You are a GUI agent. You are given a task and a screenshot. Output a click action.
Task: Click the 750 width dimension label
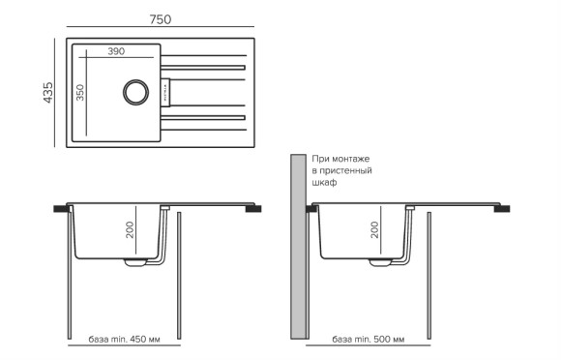pos(162,19)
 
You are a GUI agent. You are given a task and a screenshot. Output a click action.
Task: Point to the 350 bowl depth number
pos(81,93)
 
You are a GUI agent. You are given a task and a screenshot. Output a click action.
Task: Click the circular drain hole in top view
pos(133,93)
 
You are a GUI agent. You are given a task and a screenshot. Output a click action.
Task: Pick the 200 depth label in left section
pos(130,229)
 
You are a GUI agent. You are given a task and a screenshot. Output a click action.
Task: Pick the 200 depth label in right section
pos(374,229)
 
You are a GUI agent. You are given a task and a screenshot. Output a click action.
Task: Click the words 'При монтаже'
pos(340,158)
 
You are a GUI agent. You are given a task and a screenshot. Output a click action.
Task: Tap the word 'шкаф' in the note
pos(324,182)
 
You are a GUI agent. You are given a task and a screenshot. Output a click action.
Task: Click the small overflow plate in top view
pos(164,93)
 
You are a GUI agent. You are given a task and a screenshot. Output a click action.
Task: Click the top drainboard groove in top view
pos(207,68)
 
